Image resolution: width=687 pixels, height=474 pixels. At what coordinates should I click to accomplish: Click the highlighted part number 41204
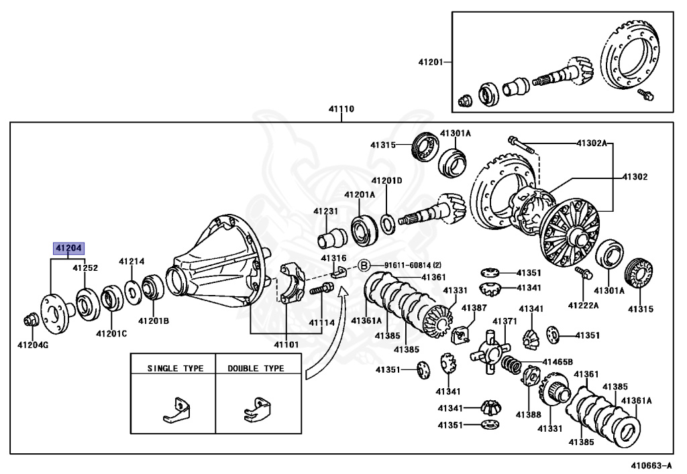(68, 248)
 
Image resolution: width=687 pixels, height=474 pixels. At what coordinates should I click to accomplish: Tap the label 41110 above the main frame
(341, 109)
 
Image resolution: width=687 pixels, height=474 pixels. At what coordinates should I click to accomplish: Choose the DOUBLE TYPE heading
(256, 368)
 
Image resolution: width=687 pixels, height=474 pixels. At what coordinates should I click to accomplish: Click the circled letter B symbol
(364, 265)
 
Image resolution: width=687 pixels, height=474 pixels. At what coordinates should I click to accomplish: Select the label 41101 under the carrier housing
(286, 345)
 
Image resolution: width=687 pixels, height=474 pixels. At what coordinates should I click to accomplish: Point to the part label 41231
(325, 211)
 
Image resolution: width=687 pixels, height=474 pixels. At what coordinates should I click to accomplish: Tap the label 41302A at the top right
(592, 143)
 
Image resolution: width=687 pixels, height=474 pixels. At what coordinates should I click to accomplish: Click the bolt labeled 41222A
(583, 274)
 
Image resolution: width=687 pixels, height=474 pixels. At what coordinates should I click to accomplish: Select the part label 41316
(333, 258)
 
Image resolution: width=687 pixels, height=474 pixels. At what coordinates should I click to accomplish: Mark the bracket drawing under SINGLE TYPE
(174, 410)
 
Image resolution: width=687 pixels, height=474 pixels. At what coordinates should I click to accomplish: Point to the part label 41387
(474, 308)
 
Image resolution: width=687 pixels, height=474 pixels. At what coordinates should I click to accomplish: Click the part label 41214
(131, 261)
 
